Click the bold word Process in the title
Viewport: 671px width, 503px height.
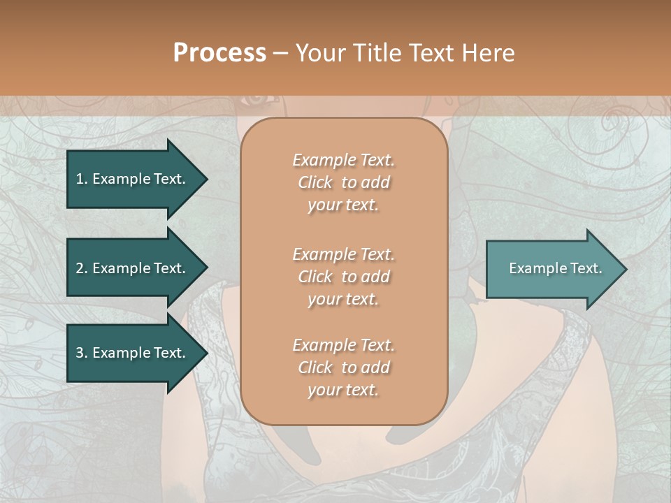click(x=219, y=53)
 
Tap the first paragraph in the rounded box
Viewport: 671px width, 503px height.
click(x=343, y=182)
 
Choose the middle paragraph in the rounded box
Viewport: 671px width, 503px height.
click(x=343, y=277)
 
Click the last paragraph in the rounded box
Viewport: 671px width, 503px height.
click(x=343, y=367)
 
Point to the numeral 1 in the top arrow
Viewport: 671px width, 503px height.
click(x=80, y=179)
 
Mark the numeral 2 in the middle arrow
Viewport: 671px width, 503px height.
click(x=80, y=268)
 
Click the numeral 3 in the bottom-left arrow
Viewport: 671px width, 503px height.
click(x=80, y=353)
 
